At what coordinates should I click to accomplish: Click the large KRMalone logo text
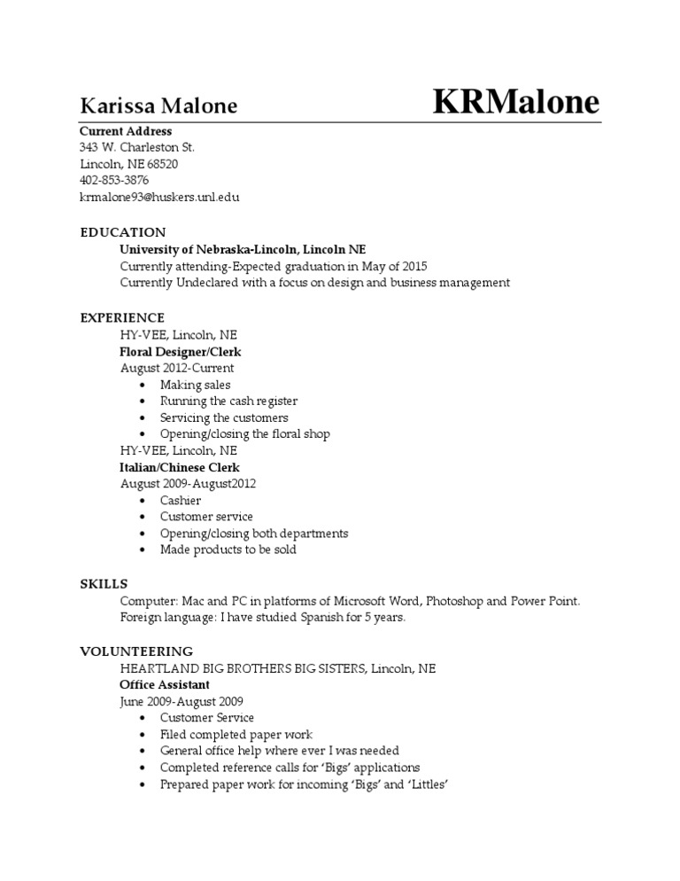coord(516,102)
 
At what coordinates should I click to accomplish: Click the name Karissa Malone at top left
coord(158,106)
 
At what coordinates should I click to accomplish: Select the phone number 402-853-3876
coord(113,180)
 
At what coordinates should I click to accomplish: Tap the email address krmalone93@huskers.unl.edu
coord(159,197)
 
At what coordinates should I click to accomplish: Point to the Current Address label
coord(126,131)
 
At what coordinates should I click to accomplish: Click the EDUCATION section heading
coord(122,232)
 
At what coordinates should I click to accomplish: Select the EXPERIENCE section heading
coord(122,317)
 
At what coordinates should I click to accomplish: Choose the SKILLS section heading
coord(104,583)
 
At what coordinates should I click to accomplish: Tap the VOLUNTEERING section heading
coord(136,651)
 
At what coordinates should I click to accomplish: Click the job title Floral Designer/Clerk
coord(181,351)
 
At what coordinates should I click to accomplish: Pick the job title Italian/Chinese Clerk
coord(179,467)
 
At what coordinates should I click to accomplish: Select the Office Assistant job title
coord(165,684)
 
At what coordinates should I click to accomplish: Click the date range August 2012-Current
coord(177,368)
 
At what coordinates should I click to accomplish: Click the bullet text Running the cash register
coord(228,402)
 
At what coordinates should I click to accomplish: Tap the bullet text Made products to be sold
coord(228,550)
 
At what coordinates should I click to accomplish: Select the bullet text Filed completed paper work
coord(236,735)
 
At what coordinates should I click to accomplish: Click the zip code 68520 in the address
coord(162,164)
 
